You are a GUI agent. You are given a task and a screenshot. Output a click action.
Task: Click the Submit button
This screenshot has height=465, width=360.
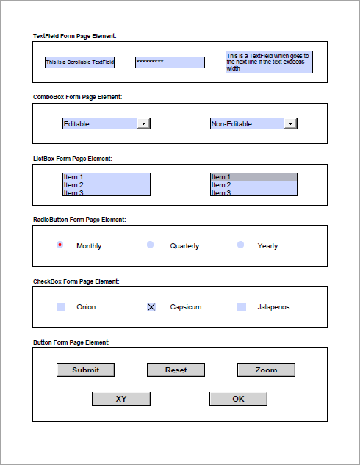pyautogui.click(x=86, y=370)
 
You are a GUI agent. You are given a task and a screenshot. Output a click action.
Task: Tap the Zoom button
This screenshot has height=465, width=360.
pyautogui.click(x=266, y=370)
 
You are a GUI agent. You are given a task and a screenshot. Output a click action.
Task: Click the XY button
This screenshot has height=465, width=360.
pyautogui.click(x=121, y=399)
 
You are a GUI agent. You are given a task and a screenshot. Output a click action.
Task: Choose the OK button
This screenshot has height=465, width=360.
pyautogui.click(x=238, y=399)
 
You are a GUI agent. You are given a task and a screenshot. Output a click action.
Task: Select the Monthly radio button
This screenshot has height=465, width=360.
pyautogui.click(x=60, y=245)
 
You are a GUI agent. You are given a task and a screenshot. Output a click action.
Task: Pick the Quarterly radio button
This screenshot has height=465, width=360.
pyautogui.click(x=151, y=245)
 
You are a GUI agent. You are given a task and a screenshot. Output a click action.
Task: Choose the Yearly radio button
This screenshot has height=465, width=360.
pyautogui.click(x=241, y=245)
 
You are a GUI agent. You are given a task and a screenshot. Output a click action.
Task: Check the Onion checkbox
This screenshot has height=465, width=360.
pyautogui.click(x=61, y=307)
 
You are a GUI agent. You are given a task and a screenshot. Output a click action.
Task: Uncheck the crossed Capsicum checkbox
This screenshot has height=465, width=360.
pyautogui.click(x=151, y=307)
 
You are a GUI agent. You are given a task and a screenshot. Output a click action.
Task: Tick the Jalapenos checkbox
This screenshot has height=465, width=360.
pyautogui.click(x=242, y=307)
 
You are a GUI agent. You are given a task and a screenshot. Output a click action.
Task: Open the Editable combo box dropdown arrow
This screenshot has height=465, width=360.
pyautogui.click(x=144, y=123)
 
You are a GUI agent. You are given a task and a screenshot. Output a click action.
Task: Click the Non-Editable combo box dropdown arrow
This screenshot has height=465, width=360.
pyautogui.click(x=291, y=123)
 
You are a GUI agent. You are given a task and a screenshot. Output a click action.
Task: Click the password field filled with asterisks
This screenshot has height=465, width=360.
pyautogui.click(x=170, y=62)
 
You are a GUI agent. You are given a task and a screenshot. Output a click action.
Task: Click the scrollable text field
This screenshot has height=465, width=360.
pyautogui.click(x=79, y=62)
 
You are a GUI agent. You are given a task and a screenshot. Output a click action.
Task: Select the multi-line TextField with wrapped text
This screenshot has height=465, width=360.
pyautogui.click(x=269, y=62)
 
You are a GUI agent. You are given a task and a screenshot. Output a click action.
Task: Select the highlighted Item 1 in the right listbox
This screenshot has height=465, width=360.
pyautogui.click(x=253, y=177)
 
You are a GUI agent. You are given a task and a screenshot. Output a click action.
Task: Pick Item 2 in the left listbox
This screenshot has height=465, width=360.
pyautogui.click(x=106, y=185)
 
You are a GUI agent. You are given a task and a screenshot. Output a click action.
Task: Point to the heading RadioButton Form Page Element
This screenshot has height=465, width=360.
pyautogui.click(x=79, y=220)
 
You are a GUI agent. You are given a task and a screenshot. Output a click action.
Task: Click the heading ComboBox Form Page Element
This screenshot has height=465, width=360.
pyautogui.click(x=77, y=97)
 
